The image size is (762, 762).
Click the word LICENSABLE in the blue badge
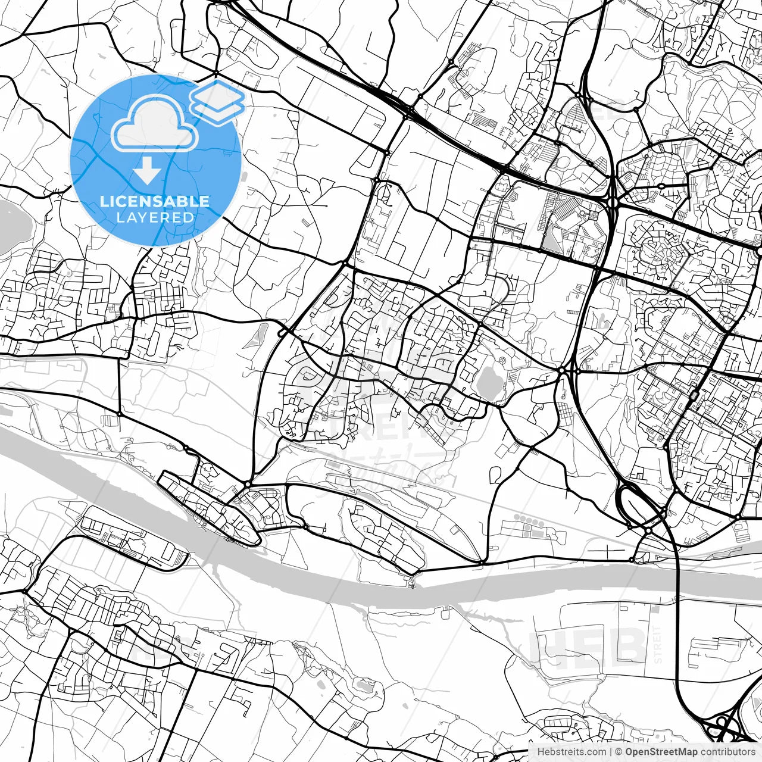pyautogui.click(x=155, y=201)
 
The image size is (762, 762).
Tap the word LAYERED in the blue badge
pyautogui.click(x=155, y=217)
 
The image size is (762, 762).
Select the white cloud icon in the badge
pyautogui.click(x=154, y=124)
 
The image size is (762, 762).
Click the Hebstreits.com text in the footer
pyautogui.click(x=571, y=752)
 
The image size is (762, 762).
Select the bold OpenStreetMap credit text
pyautogui.click(x=661, y=752)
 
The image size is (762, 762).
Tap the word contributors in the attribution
pyautogui.click(x=728, y=752)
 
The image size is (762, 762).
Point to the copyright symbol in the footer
pyautogui.click(x=619, y=752)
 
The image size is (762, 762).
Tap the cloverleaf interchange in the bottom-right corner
pyautogui.click(x=723, y=723)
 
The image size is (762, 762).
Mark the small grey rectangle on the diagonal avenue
pyautogui.click(x=694, y=395)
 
